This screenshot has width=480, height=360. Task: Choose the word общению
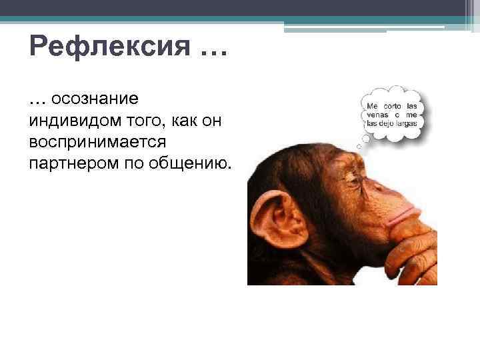197,164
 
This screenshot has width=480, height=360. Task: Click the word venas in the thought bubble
378,115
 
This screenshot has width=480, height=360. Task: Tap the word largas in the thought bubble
406,123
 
